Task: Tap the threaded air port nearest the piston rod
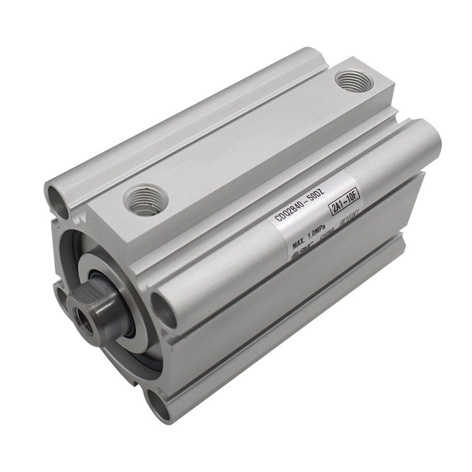pyautogui.click(x=145, y=199)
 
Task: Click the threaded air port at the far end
pyautogui.click(x=353, y=81)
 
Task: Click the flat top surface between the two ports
pyautogui.click(x=248, y=142)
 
